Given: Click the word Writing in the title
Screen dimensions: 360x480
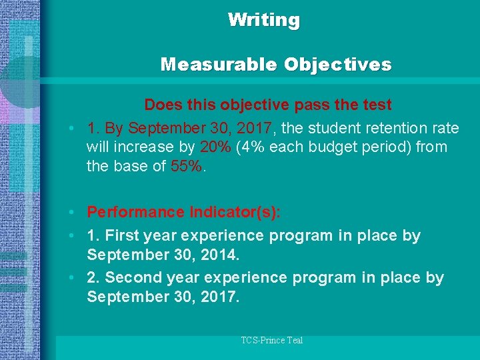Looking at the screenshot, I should pyautogui.click(x=264, y=20).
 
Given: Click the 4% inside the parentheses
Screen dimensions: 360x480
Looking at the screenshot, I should pyautogui.click(x=251, y=147).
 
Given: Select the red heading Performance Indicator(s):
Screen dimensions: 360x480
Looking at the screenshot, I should pyautogui.click(x=184, y=212).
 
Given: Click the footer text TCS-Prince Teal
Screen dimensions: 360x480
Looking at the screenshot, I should pyautogui.click(x=271, y=341).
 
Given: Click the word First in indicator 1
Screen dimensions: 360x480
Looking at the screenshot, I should pyautogui.click(x=123, y=235).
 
